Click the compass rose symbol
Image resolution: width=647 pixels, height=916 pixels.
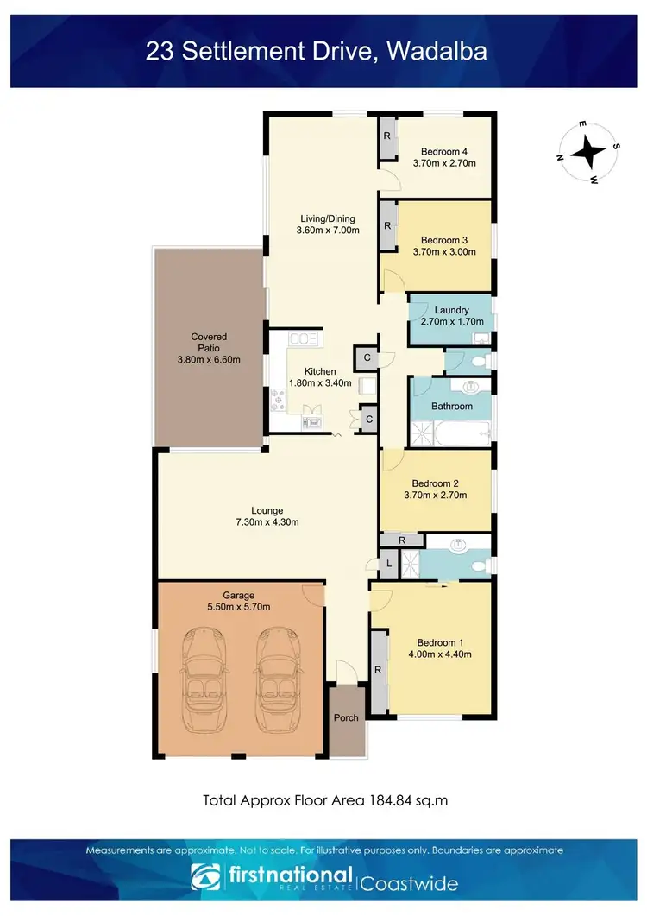(x=588, y=152)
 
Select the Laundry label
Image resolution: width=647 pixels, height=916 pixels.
(x=451, y=310)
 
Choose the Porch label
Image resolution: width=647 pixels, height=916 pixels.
(x=346, y=717)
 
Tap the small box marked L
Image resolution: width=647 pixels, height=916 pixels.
(x=390, y=564)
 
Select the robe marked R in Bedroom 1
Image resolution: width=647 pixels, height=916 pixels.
(x=378, y=670)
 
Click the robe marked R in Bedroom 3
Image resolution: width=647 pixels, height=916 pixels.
(x=387, y=226)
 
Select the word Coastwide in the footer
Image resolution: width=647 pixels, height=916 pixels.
(x=408, y=883)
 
